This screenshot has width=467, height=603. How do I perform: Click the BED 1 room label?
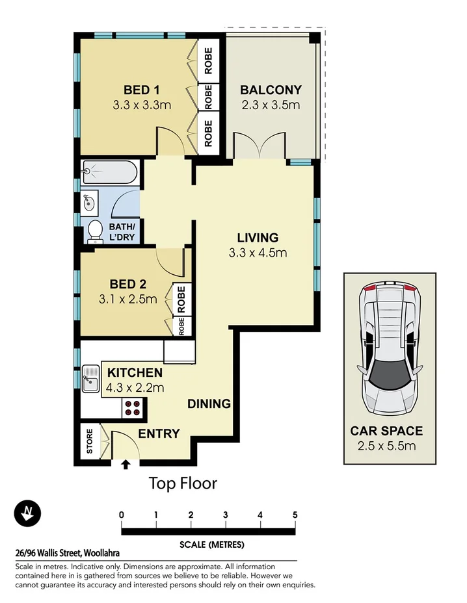point(142,90)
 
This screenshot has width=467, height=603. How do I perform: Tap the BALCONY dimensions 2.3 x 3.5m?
point(270,105)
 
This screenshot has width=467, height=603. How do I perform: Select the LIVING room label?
point(258,238)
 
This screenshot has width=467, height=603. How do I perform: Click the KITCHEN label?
point(135,373)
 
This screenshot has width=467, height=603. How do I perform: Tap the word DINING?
point(209,404)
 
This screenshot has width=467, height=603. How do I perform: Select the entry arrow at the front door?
point(126,464)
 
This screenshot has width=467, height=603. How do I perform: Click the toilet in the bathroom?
point(95,231)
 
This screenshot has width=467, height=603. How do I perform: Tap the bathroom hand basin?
point(90,203)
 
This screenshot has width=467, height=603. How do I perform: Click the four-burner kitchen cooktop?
point(133,407)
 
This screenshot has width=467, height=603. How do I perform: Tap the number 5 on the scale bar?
point(295,515)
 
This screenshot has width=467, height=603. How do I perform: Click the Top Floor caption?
point(183,483)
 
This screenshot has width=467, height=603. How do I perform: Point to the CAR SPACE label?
point(386,431)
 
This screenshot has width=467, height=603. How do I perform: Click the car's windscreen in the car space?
point(390,373)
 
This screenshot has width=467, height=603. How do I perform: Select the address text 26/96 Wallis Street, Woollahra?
point(67,553)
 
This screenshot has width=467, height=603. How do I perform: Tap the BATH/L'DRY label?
point(122,232)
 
